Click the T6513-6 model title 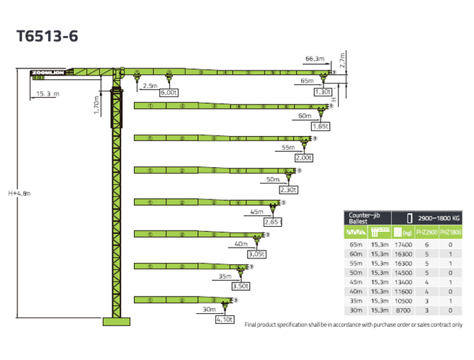pos(47,35)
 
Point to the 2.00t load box pos(303,158)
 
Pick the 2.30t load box pos(287,190)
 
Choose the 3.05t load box pos(256,254)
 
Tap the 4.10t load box pos(224,318)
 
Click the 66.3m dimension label pos(314,58)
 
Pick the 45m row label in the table pos(356,282)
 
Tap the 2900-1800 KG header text pos(438,216)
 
